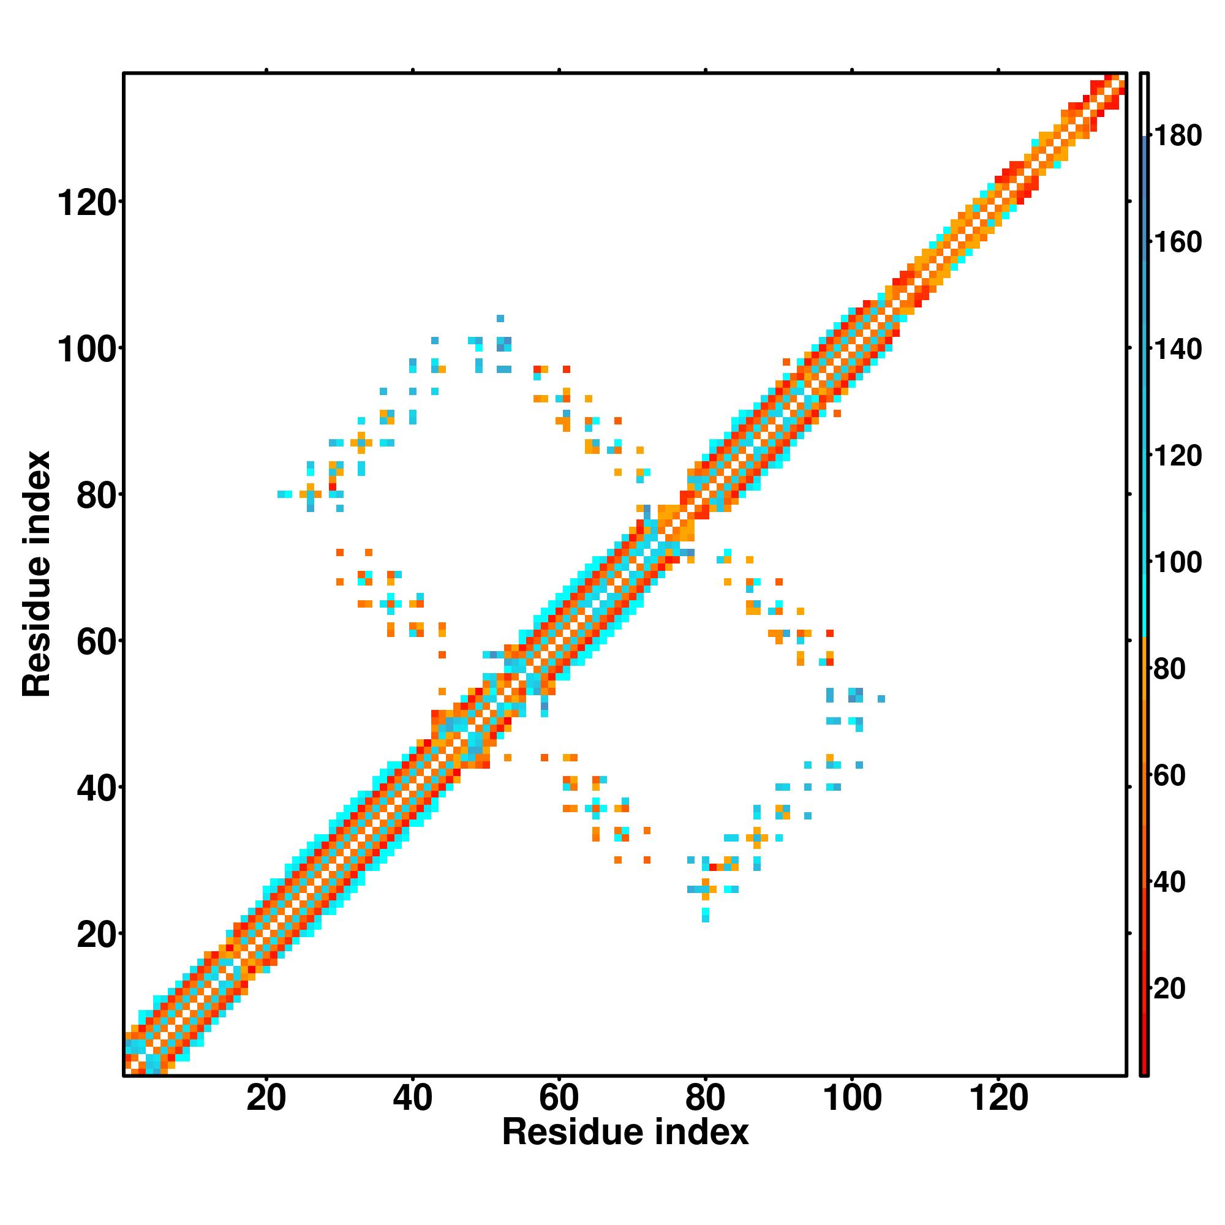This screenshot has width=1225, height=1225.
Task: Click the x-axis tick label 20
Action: point(266,1098)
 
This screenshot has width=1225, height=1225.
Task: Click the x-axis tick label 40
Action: point(412,1098)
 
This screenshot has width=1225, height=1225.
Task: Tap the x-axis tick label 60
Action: point(559,1098)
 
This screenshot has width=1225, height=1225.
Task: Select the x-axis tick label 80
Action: point(705,1098)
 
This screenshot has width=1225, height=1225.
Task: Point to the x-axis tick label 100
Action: point(851,1098)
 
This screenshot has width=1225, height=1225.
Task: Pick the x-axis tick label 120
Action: point(998,1098)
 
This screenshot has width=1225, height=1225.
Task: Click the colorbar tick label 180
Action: point(1177,136)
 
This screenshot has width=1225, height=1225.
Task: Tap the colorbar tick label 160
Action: point(1177,242)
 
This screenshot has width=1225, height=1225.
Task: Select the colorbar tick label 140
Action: point(1177,349)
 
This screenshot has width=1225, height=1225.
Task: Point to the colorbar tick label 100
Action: point(1177,562)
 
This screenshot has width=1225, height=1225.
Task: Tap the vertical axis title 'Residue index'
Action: point(37,574)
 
